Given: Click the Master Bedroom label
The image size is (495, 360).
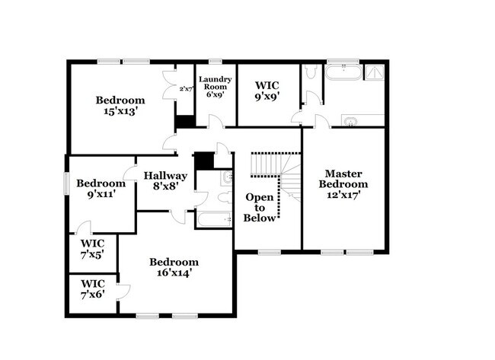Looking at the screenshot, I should tap(343, 178).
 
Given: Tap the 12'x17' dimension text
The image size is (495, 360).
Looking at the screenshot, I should tap(343, 195).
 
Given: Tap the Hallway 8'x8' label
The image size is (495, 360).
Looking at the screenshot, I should tap(165, 180).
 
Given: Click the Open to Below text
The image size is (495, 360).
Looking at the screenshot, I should tap(259, 207).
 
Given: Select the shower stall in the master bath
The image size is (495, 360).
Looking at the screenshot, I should tap(375, 73).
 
